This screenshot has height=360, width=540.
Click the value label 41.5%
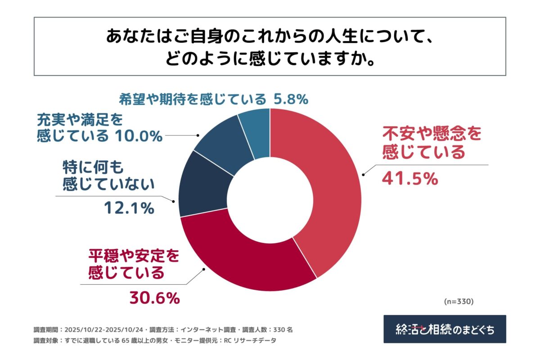pyautogui.click(x=409, y=179)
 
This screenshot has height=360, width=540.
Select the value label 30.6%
pyautogui.click(x=155, y=297)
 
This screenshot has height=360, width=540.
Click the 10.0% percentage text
pyautogui.click(x=137, y=135)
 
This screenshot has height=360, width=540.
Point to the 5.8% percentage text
pyautogui.click(x=290, y=99)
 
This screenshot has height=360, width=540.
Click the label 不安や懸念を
pyautogui.click(x=432, y=134)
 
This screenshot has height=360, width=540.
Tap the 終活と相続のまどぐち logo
pyautogui.click(x=445, y=329)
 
